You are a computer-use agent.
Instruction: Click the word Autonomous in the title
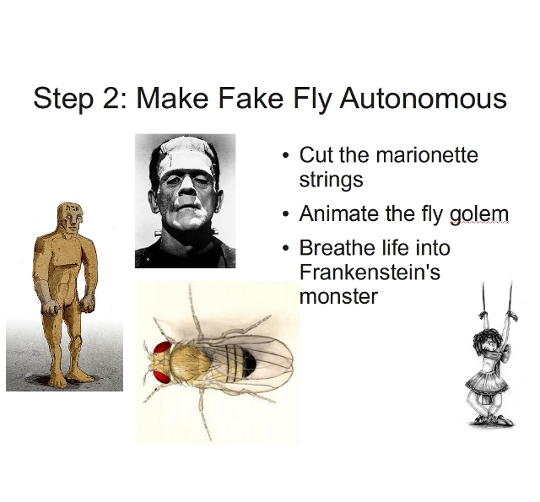point(423,98)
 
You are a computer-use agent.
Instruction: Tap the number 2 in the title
point(111,98)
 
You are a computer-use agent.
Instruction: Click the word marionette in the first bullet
point(427,155)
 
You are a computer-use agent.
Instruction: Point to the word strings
point(332,180)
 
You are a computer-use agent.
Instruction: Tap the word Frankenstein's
point(370,272)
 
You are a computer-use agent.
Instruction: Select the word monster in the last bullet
point(339,297)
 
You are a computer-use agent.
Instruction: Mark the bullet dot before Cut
point(284,155)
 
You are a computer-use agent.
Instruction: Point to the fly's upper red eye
point(162,348)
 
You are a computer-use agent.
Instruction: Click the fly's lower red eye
point(162,377)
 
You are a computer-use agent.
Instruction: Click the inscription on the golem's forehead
point(73,208)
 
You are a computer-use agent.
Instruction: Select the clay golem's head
point(71,218)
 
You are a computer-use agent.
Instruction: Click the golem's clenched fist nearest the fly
point(88,304)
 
